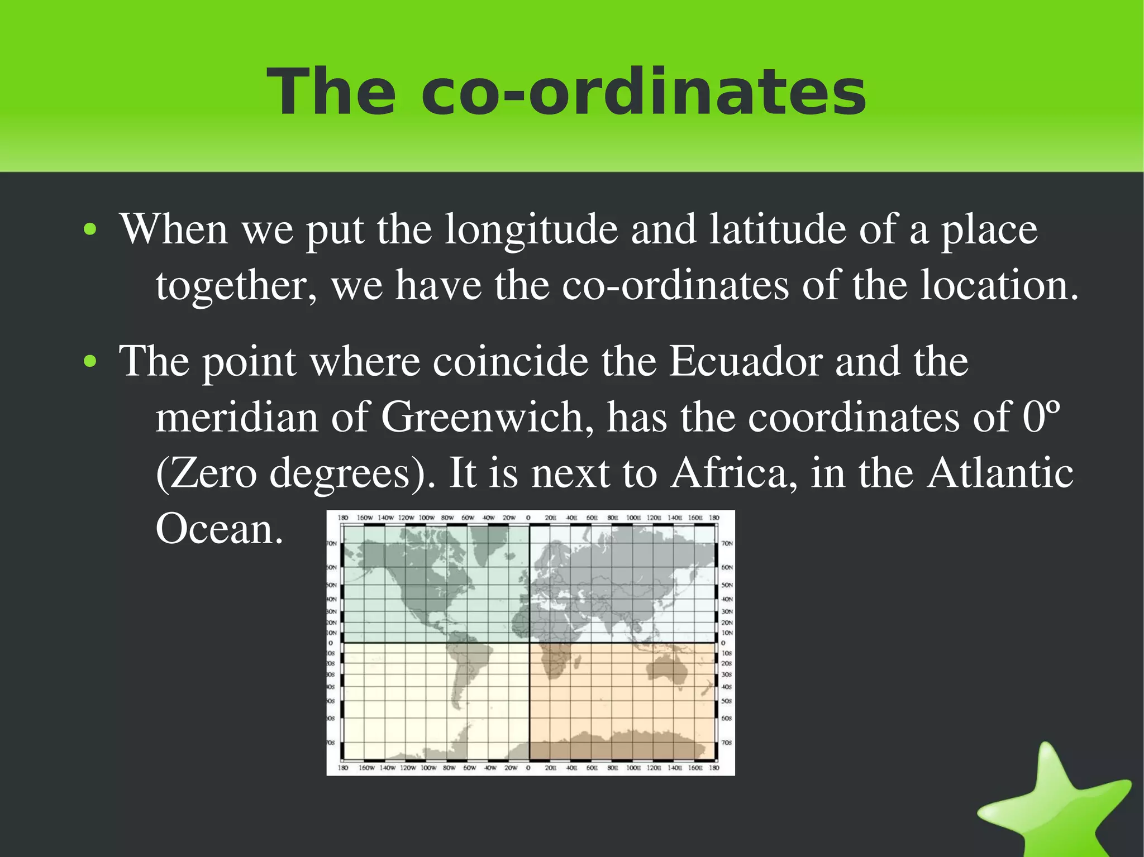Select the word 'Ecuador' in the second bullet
coord(745,361)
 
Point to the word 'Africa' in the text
coord(734,473)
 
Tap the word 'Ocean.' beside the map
coord(219,529)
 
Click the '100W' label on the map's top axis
coord(427,518)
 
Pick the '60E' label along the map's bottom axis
coord(592,768)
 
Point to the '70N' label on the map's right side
coord(727,543)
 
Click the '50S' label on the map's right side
coord(727,701)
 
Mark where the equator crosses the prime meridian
coord(529,643)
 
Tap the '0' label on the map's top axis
coord(528,518)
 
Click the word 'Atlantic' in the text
coord(999,473)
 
